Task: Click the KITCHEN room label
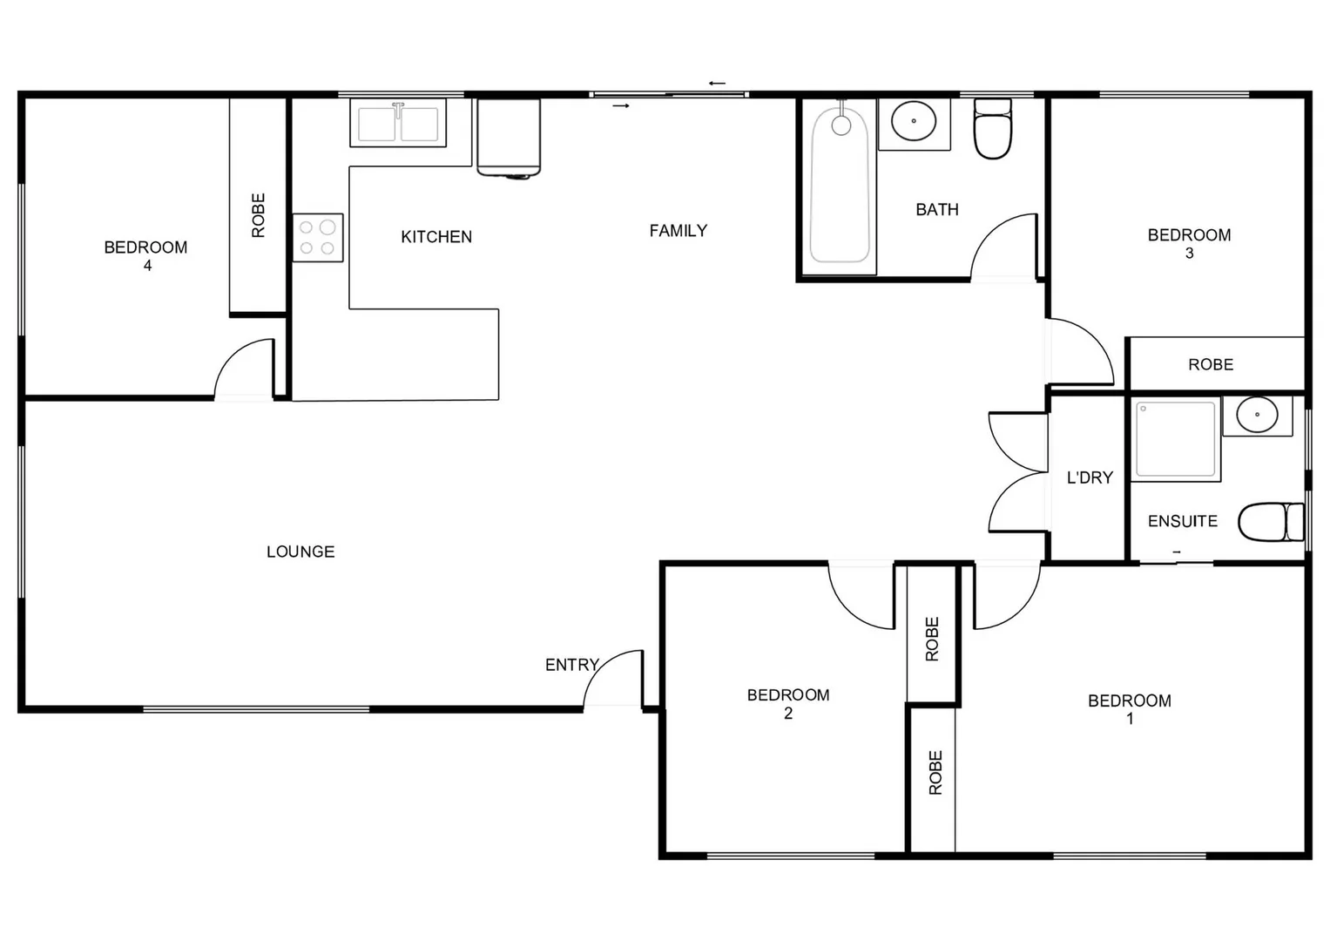click(436, 237)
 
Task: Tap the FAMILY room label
click(678, 231)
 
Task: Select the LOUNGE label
click(300, 552)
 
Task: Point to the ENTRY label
click(571, 665)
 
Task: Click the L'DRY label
click(1090, 477)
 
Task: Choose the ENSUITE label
click(1182, 521)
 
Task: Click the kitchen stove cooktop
click(317, 238)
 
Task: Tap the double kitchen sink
click(398, 123)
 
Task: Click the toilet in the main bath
click(992, 131)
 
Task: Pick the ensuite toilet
click(1269, 522)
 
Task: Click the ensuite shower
click(1175, 439)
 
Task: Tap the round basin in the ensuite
click(1257, 415)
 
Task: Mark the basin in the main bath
click(913, 121)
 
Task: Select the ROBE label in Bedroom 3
click(1211, 364)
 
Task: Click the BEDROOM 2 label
click(787, 703)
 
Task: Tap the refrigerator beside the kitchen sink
click(509, 138)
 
